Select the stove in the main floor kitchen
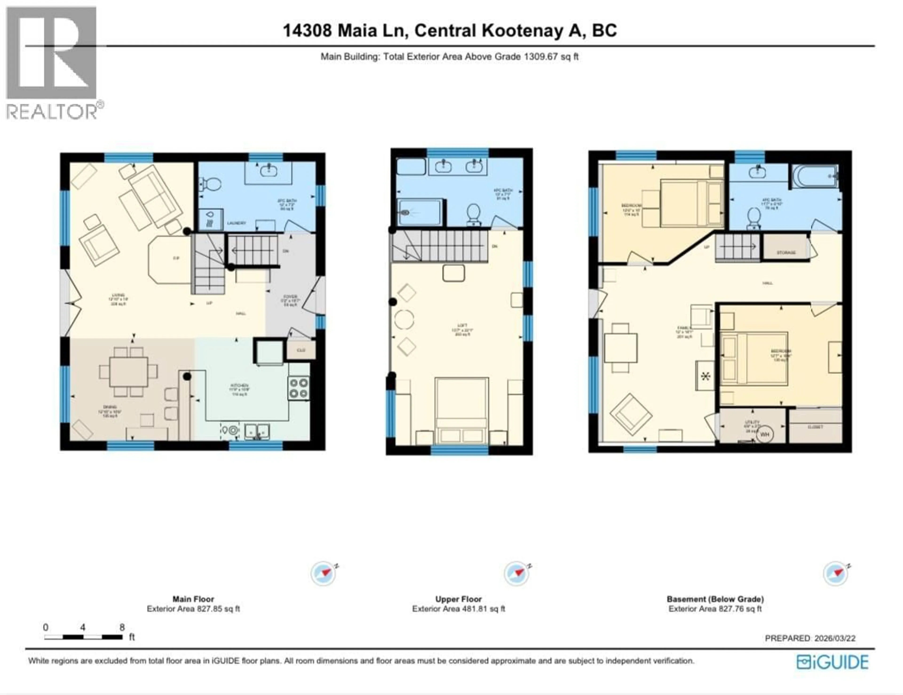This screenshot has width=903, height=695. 298,388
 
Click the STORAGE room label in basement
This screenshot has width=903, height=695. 786,252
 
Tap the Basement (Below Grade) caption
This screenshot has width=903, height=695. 715,599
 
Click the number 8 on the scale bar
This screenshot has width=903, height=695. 122,627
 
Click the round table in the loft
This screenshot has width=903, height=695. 404,320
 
